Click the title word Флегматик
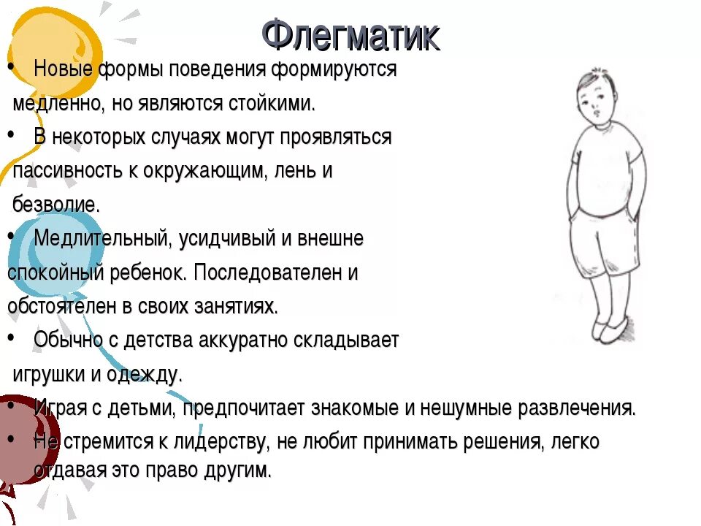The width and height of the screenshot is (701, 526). (x=350, y=35)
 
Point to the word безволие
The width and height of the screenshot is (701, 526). (x=56, y=205)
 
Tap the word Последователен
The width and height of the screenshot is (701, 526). (x=267, y=272)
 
